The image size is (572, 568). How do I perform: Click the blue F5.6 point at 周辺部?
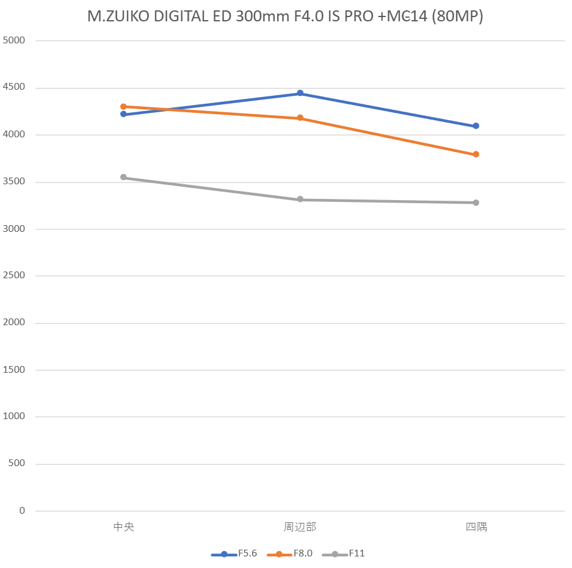click(x=300, y=93)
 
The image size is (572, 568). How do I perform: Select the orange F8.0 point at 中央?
click(x=123, y=107)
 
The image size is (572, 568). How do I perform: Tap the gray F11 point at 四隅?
click(x=476, y=203)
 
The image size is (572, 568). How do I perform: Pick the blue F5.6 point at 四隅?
click(x=476, y=126)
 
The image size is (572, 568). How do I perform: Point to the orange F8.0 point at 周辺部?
click(x=300, y=118)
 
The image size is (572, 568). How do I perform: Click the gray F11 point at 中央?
click(x=123, y=178)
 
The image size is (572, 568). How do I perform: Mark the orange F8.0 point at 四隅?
click(x=476, y=154)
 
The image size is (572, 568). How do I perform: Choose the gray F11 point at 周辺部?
click(x=300, y=200)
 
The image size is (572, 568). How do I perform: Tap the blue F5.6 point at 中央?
click(x=123, y=114)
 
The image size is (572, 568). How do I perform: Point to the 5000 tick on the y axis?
click(x=15, y=41)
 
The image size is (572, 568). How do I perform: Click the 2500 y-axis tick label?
click(x=15, y=276)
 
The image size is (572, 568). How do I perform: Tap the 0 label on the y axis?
click(x=23, y=511)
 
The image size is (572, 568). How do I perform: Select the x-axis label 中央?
click(x=123, y=527)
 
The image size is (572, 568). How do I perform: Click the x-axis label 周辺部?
click(x=300, y=527)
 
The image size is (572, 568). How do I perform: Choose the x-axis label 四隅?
click(x=476, y=527)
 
